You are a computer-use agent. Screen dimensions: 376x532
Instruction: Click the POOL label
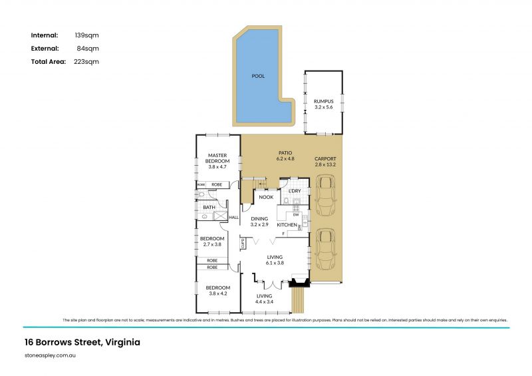click(258, 76)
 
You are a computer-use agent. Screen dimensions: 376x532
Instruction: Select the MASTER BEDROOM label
click(217, 158)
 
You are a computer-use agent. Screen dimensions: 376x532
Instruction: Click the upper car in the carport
click(325, 196)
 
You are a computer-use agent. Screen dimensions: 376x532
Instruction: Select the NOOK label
click(266, 197)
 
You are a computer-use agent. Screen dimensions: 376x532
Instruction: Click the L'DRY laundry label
click(295, 191)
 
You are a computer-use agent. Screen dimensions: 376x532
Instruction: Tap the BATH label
click(209, 207)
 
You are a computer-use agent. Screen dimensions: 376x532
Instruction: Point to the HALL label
click(233, 218)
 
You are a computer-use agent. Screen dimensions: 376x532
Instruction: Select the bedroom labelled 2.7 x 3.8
click(212, 241)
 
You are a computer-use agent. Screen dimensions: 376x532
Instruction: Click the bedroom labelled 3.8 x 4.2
click(217, 290)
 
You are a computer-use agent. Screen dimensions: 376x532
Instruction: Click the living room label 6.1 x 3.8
click(275, 259)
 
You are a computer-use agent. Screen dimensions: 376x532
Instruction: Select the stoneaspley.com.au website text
click(49, 357)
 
